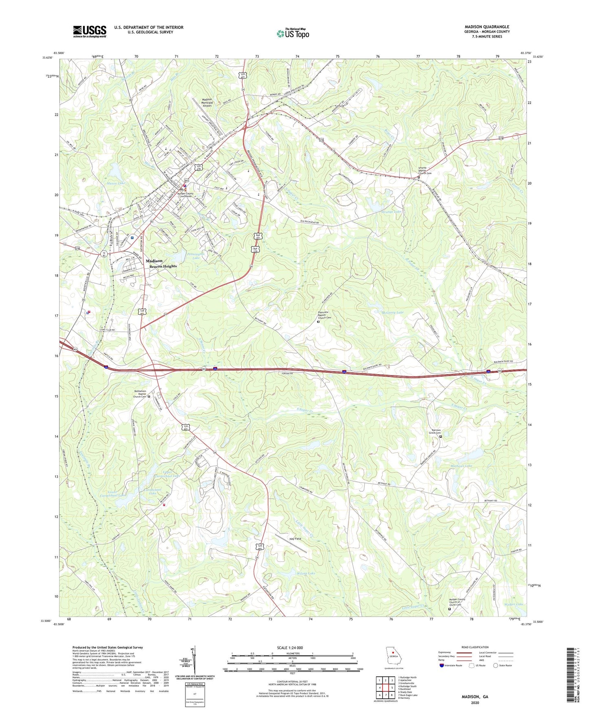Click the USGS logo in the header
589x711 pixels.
[x=90, y=31]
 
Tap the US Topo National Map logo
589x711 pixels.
[x=292, y=33]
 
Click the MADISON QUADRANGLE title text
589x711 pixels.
[x=487, y=27]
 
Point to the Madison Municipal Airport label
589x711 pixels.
[x=207, y=103]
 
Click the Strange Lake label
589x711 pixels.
[x=391, y=212]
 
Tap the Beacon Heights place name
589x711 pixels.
[x=163, y=266]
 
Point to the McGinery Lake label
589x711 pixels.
[x=392, y=312]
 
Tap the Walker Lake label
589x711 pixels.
[x=514, y=604]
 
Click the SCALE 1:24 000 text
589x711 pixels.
[x=290, y=648]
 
